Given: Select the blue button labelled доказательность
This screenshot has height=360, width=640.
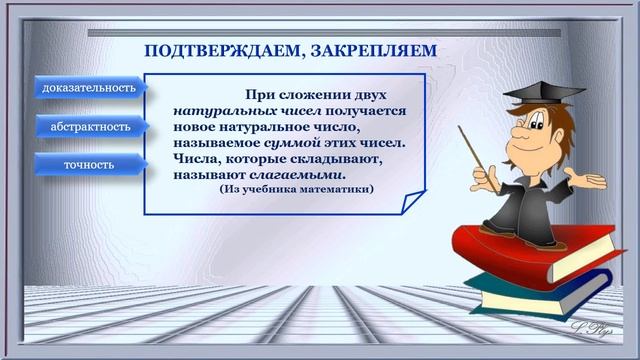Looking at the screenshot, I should click(x=89, y=88).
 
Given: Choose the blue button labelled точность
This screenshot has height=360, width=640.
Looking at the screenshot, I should click(x=89, y=164).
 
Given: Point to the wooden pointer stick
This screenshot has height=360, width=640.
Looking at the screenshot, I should click(x=478, y=155).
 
